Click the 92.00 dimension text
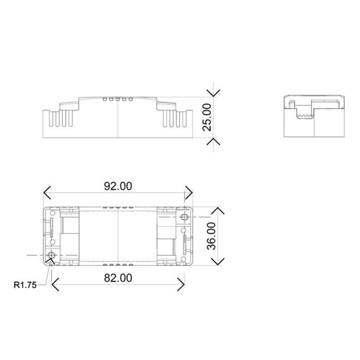point(118,186)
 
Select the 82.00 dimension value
point(118,278)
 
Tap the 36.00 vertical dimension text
point(211,236)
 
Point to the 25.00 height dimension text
point(207,116)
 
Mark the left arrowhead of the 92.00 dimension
point(46,193)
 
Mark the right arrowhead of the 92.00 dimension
point(190,193)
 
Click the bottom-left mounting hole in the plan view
point(52,256)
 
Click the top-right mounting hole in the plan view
point(184,215)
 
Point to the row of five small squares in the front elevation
point(117,97)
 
